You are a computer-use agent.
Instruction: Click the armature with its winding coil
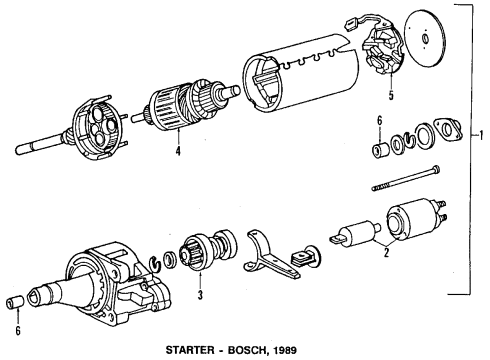click(x=181, y=108)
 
